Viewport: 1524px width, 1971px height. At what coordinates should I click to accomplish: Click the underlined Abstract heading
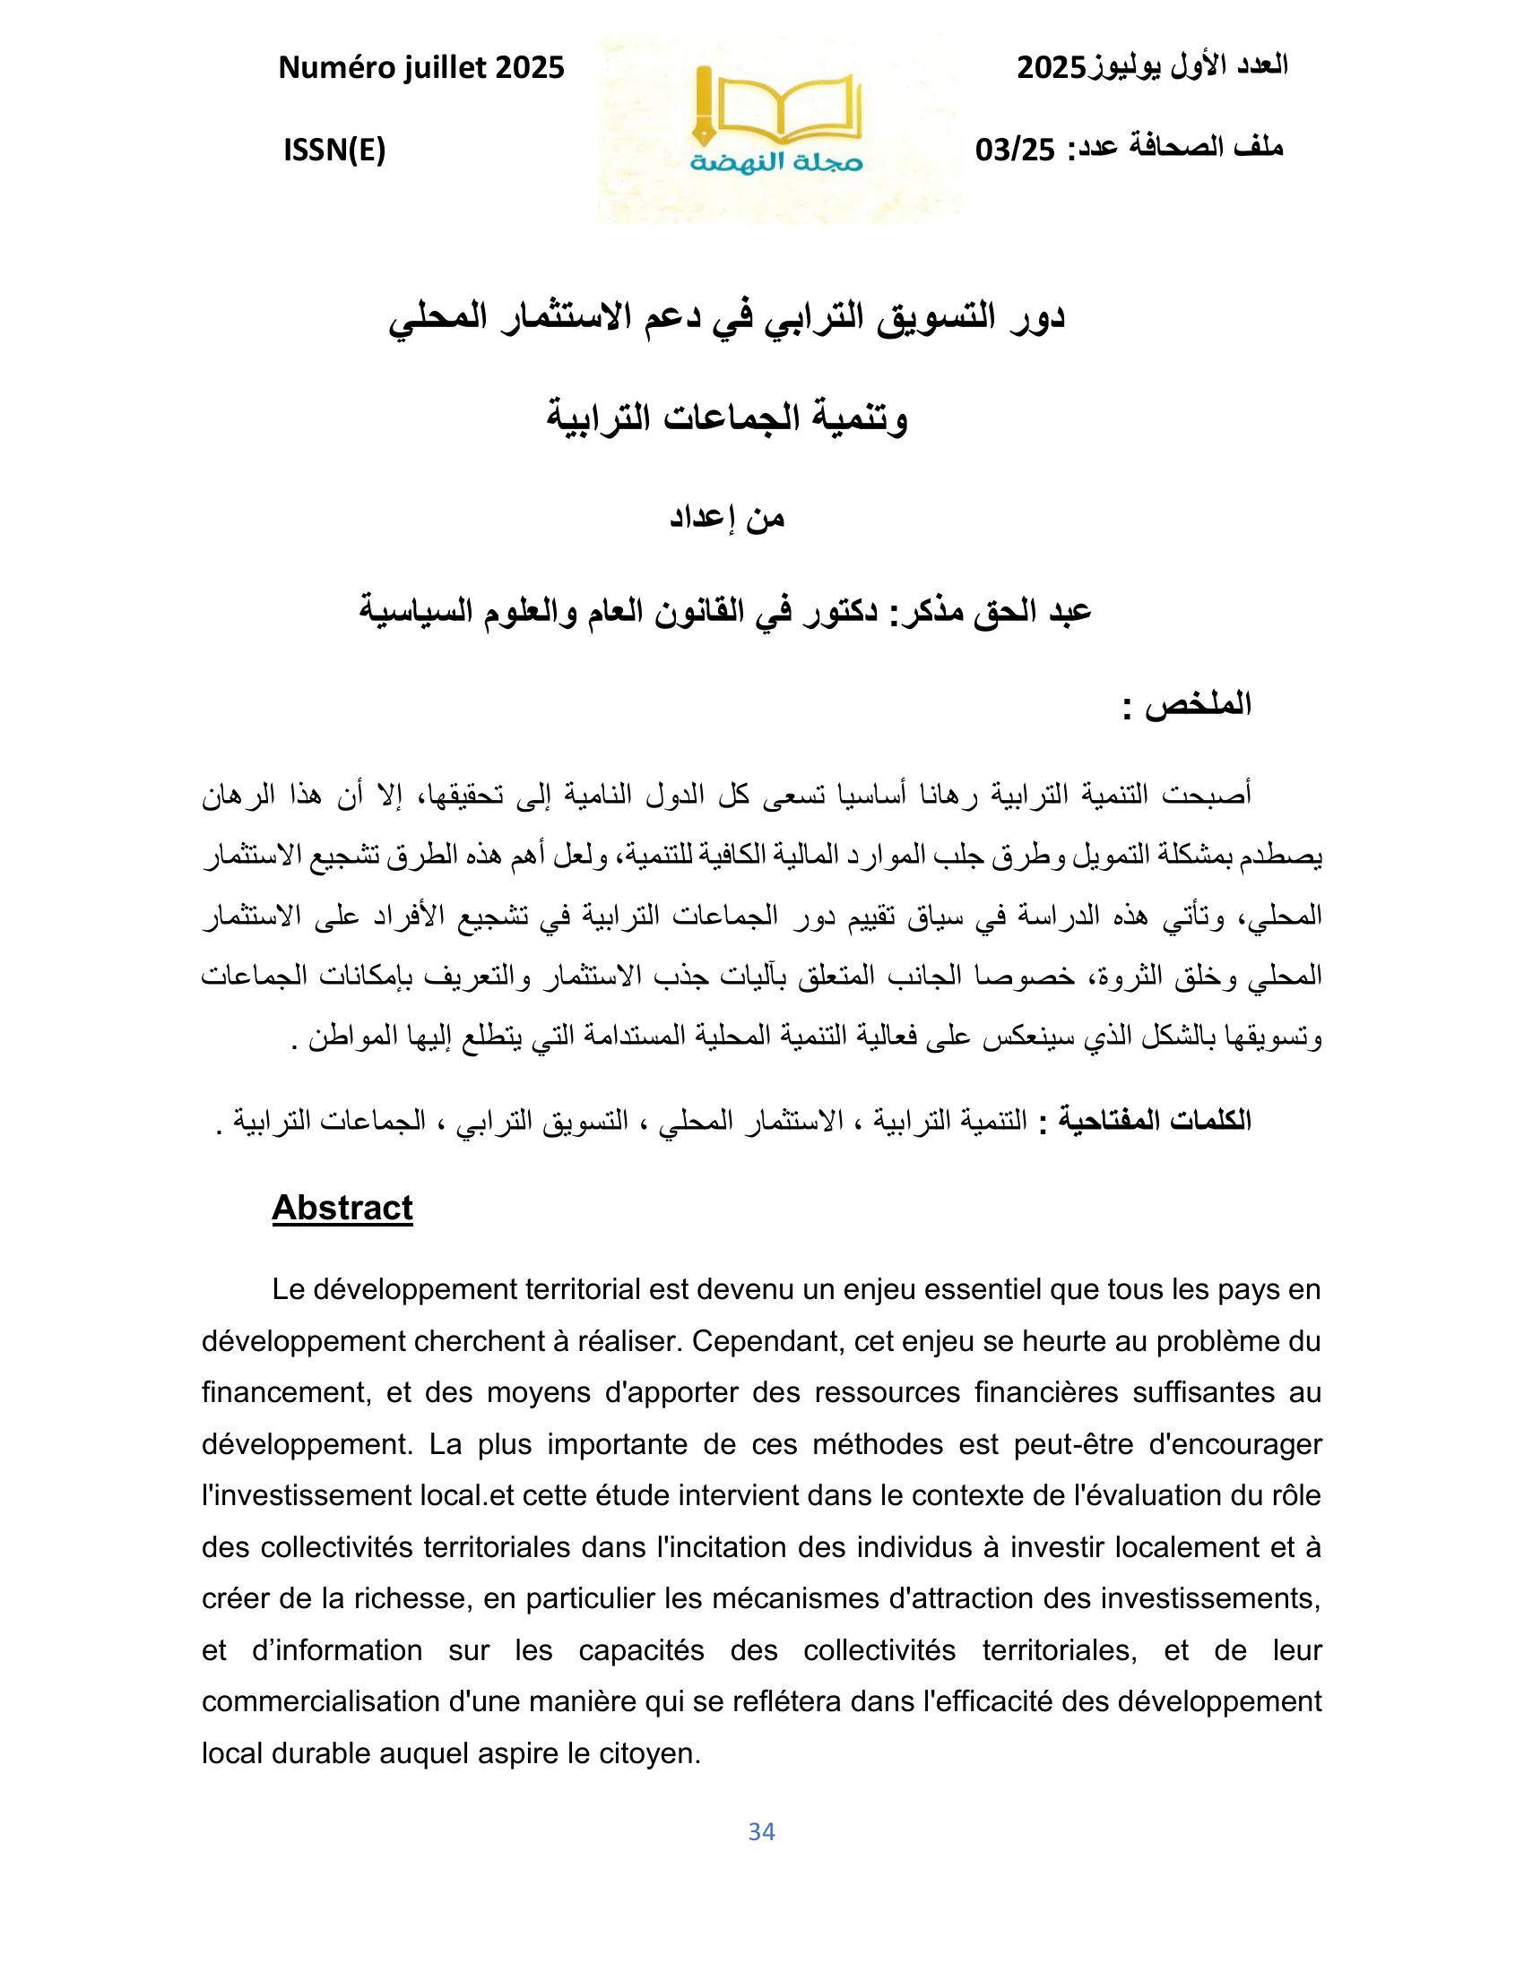pyautogui.click(x=342, y=1208)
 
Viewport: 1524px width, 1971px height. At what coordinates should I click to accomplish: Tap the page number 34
pyautogui.click(x=761, y=1831)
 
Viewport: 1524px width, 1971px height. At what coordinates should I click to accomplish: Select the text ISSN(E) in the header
pyautogui.click(x=334, y=151)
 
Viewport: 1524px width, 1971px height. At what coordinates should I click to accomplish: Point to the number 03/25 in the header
pyautogui.click(x=1015, y=150)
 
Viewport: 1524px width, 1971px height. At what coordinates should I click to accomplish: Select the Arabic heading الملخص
pyautogui.click(x=1199, y=704)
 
